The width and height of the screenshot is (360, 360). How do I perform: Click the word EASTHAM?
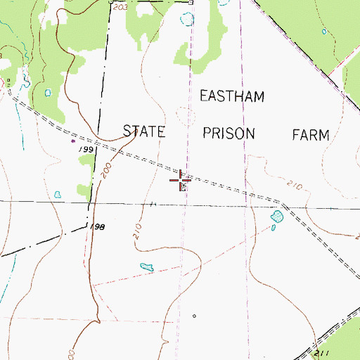232,96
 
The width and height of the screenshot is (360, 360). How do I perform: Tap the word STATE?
143,131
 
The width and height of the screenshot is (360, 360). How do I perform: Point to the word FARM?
310,135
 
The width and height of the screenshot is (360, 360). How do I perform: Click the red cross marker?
181,179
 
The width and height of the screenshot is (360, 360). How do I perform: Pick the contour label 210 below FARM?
294,186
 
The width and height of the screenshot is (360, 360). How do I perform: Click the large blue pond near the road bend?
276,220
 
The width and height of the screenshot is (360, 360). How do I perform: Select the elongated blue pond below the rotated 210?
147,267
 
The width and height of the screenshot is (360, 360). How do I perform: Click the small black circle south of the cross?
194,316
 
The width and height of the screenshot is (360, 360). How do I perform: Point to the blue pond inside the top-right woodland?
324,31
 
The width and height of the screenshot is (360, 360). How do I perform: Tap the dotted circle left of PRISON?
185,115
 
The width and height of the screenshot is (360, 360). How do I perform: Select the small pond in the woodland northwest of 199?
48,92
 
